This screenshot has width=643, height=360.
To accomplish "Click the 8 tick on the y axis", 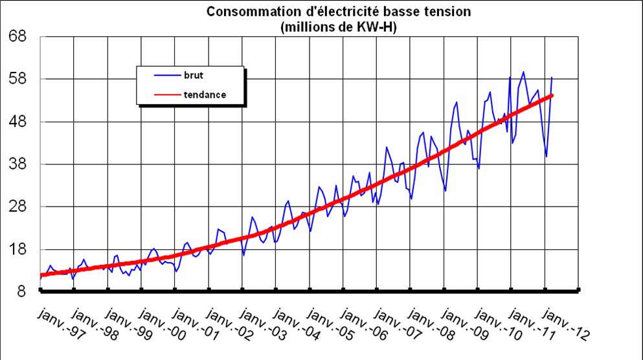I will (x=21, y=292).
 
